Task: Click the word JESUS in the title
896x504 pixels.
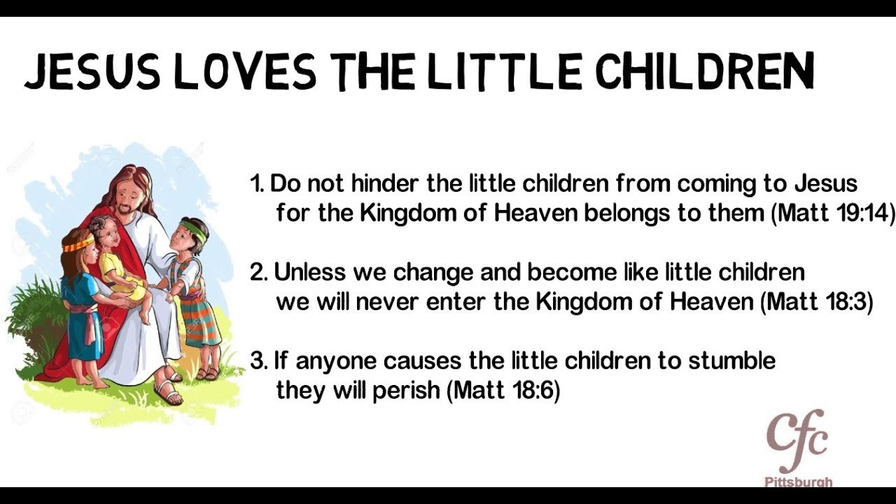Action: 92,72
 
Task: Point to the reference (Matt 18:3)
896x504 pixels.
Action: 816,302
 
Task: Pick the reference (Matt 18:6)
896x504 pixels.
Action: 503,390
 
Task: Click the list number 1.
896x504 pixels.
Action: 256,183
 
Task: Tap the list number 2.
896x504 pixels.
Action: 259,272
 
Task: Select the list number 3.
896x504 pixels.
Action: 259,360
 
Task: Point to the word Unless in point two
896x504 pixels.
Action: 309,272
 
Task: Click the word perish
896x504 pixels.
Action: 407,391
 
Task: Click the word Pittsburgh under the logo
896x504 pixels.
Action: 799,482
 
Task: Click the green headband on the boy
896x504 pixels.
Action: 195,230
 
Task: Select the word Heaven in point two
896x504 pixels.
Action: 712,301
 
